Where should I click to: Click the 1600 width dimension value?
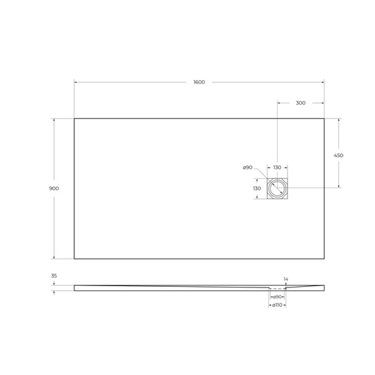tap(199, 82)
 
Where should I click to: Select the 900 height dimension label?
tap(54, 188)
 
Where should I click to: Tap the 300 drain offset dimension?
tap(300, 103)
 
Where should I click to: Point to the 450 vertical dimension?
tap(339, 155)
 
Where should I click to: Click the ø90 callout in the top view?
tap(248, 168)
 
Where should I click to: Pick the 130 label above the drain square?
tap(277, 168)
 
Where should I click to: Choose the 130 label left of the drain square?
tap(257, 188)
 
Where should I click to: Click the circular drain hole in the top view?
tap(277, 188)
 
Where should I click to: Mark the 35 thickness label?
tap(54, 276)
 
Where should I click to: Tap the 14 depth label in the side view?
tap(286, 279)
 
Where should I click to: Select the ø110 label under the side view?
tap(277, 305)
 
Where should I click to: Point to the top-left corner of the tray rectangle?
tap(74, 118)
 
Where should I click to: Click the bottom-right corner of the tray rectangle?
tap(324, 259)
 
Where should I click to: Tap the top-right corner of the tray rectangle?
tap(324, 118)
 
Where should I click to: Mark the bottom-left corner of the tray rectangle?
tap(74, 259)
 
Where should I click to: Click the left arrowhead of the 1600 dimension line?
tap(76, 82)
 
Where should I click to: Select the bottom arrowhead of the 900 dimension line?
tap(54, 257)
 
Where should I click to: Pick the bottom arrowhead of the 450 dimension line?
tap(339, 187)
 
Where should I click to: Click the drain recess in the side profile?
tap(277, 288)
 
